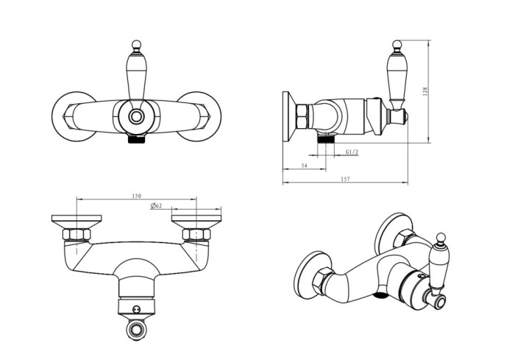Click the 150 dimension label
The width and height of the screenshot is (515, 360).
pos(136,196)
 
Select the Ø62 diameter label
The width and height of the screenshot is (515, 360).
pos(156,206)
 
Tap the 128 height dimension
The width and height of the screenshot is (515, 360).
pos(426,91)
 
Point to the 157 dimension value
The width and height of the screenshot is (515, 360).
pos(346,179)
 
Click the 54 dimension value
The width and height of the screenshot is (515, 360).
pos(304,166)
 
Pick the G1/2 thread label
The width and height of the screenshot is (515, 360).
pos(352,152)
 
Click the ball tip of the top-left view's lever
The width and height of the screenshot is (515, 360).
pos(136,45)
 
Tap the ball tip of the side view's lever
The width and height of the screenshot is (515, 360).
pos(397,45)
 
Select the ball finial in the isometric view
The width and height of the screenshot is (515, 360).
pos(441,238)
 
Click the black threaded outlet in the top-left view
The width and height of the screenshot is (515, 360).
pos(136,138)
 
